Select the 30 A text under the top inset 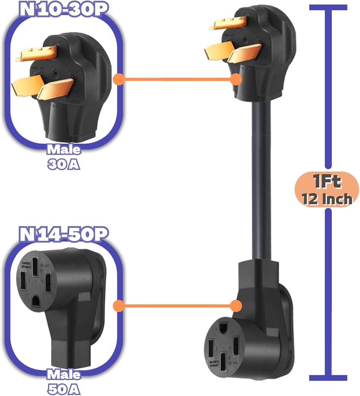(63, 163)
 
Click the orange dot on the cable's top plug (236, 79)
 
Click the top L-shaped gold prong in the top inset (36, 53)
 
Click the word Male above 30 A (63, 150)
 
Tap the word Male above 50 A (63, 374)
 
